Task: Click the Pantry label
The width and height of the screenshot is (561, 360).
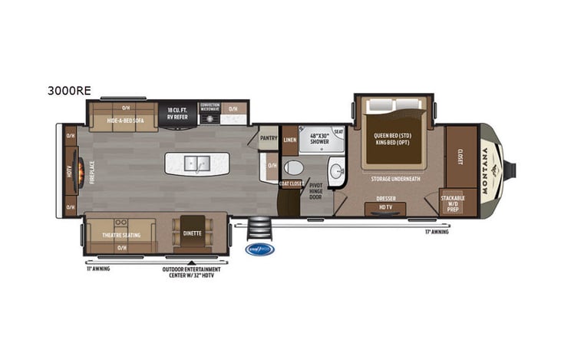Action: (x=268, y=138)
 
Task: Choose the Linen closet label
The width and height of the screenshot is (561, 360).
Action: (x=289, y=140)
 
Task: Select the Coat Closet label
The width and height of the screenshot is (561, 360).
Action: (x=289, y=183)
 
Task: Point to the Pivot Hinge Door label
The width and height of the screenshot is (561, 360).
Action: (x=316, y=192)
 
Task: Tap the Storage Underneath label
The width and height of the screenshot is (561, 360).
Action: (x=394, y=179)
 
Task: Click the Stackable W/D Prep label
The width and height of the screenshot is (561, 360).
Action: (x=452, y=203)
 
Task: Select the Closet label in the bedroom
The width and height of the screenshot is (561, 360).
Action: (x=461, y=157)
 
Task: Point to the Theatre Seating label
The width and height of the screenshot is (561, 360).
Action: (x=121, y=235)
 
